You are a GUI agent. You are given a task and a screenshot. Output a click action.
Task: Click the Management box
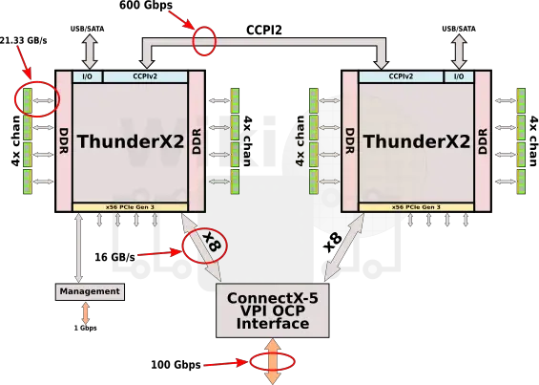[x=90, y=291]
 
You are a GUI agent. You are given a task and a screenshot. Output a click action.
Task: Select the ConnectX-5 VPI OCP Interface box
[x=273, y=310]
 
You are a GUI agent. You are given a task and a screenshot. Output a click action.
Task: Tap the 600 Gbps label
[x=146, y=5]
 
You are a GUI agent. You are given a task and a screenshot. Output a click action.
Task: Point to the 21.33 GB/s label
[x=24, y=40]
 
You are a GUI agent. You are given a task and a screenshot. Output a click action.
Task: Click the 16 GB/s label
[x=114, y=257]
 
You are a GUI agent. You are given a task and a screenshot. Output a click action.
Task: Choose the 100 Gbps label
[x=176, y=365]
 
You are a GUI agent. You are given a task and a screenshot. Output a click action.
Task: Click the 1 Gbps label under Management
[x=85, y=329]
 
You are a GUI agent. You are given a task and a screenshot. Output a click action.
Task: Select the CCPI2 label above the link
[x=264, y=30]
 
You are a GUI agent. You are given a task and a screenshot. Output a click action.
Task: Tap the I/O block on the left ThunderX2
[x=88, y=76]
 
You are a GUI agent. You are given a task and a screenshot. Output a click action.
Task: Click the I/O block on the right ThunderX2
[x=459, y=76]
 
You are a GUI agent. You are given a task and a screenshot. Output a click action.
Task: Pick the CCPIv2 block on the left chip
[x=145, y=76]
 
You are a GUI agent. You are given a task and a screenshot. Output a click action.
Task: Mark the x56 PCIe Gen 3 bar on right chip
[x=416, y=207]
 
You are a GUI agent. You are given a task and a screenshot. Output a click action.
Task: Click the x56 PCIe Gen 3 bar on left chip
[x=130, y=207]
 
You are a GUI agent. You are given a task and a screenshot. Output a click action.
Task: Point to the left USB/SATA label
[x=88, y=29]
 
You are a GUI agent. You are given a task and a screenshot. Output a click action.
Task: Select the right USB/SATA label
[x=459, y=29]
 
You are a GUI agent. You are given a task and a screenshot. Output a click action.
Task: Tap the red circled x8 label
[x=211, y=242]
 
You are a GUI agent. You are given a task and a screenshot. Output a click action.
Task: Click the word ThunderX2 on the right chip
[x=416, y=141]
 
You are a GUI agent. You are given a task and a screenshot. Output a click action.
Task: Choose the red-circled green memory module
[x=28, y=100]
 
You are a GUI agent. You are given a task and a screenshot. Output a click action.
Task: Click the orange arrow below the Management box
[x=85, y=313]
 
